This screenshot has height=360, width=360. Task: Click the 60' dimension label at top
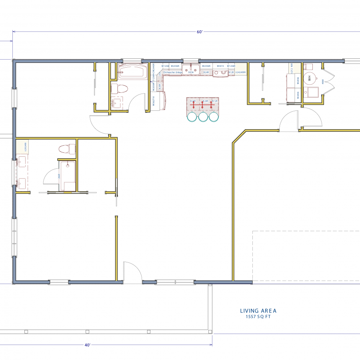(x=200, y=32)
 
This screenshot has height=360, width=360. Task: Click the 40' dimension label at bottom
(x=87, y=345)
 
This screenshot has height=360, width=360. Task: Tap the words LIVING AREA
(x=258, y=311)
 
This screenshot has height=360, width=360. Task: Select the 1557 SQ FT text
(x=258, y=317)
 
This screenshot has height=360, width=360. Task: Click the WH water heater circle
(x=309, y=78)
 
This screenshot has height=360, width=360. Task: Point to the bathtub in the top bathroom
(x=132, y=72)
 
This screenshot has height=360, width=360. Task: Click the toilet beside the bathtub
(x=120, y=88)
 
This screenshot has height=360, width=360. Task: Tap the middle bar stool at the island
(x=203, y=116)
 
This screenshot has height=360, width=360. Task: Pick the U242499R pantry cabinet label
(x=240, y=72)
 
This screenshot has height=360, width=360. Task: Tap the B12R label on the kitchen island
(x=214, y=101)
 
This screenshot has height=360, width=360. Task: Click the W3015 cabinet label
(x=220, y=66)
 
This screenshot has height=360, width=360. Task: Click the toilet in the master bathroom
(x=67, y=149)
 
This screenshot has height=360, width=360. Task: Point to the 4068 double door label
(x=322, y=82)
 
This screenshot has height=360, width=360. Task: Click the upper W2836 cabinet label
(x=298, y=80)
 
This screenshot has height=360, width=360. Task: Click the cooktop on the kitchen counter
(x=220, y=73)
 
